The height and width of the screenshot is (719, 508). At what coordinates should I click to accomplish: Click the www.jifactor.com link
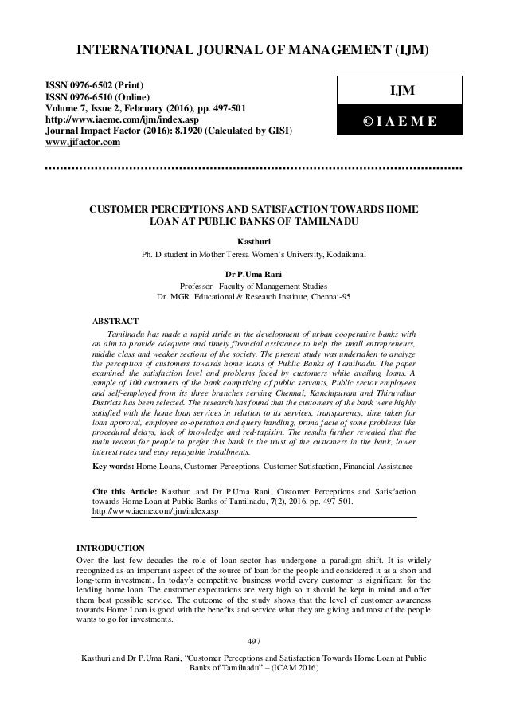pyautogui.click(x=76, y=143)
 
